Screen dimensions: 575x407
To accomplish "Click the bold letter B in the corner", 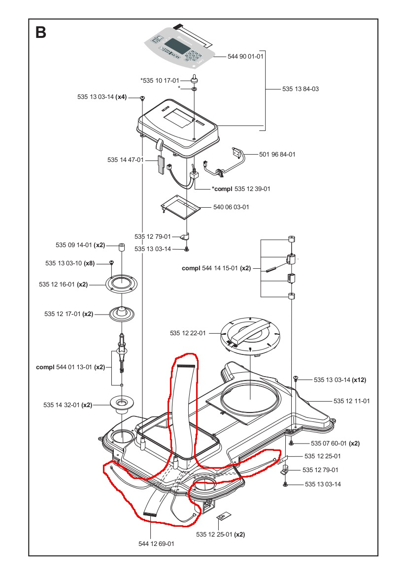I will point(41,32).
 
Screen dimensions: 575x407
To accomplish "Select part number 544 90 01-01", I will point(245,57).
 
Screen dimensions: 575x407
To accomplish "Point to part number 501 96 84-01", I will point(277,155).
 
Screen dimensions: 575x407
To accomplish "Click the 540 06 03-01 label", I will point(231,207).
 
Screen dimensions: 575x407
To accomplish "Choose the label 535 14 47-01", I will point(125,160).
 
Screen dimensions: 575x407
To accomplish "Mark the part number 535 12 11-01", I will point(351,401).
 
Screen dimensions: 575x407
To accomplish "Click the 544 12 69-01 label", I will point(156,544).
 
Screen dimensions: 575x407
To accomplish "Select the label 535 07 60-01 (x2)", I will point(335,443).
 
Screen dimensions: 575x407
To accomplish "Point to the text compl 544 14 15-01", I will point(216,269).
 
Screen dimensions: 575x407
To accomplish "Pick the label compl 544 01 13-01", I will point(70,367).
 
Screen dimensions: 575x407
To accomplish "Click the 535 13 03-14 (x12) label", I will point(340,380).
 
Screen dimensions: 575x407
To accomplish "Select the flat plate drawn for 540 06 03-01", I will point(181,205).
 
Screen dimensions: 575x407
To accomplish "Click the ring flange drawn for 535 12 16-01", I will point(120,285).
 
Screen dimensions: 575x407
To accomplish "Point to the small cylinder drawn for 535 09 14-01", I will point(120,246).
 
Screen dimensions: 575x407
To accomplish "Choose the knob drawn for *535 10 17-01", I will point(195,79).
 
